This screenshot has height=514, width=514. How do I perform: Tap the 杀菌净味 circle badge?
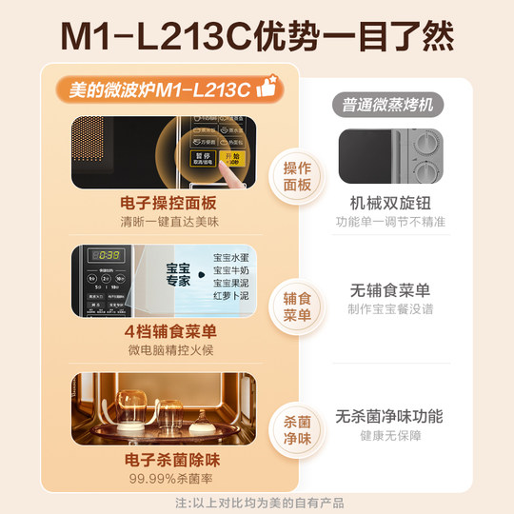(298, 429)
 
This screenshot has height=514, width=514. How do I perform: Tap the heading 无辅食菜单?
(390, 290)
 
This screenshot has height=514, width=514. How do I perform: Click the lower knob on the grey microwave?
(426, 171)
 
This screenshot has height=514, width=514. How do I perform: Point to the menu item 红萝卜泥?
(228, 297)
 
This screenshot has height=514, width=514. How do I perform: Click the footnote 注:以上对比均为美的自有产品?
(257, 503)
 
